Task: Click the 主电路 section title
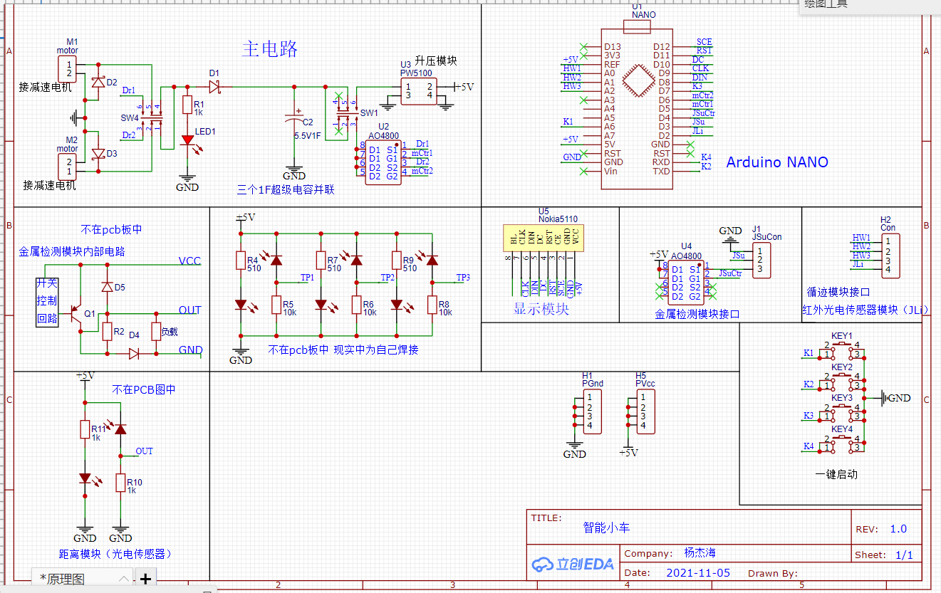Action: pos(269,49)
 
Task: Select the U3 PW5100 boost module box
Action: pos(418,91)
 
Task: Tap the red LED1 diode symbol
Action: pos(187,140)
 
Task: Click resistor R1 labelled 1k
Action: pos(187,105)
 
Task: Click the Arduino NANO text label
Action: pos(777,162)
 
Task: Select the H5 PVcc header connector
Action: pos(645,411)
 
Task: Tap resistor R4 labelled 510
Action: pos(241,261)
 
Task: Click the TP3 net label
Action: pos(463,277)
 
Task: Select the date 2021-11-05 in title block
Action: pos(698,572)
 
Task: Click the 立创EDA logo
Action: pos(573,564)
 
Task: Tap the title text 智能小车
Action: pos(606,528)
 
